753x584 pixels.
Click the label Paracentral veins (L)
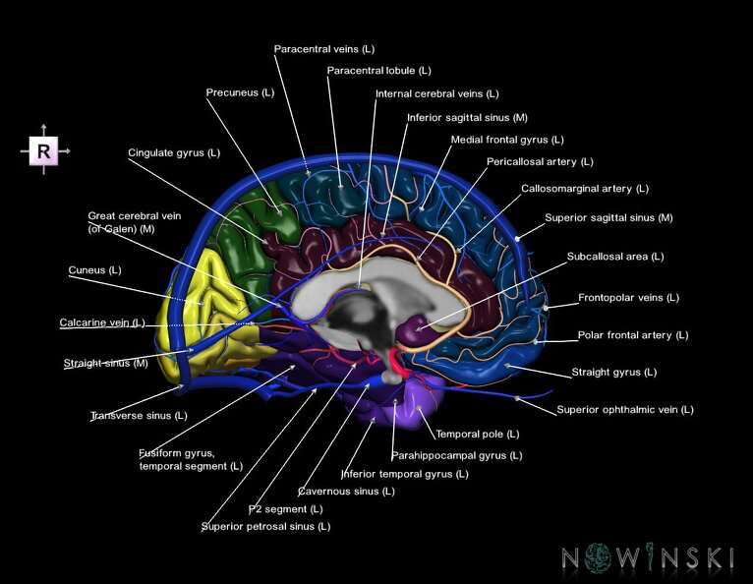pyautogui.click(x=323, y=48)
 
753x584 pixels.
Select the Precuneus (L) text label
pyautogui.click(x=240, y=92)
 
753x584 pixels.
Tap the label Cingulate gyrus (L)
pyautogui.click(x=174, y=153)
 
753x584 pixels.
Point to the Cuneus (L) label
pyautogui.click(x=94, y=269)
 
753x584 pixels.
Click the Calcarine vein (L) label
pyautogui.click(x=102, y=322)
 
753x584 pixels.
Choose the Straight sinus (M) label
pyautogui.click(x=105, y=364)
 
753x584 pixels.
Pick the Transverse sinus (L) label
pyautogui.click(x=138, y=416)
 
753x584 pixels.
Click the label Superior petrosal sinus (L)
pyautogui.click(x=265, y=526)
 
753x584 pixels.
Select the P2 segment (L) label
pyautogui.click(x=285, y=509)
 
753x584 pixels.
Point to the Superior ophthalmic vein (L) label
pyautogui.click(x=624, y=409)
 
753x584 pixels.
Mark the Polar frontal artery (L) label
pyautogui.click(x=632, y=335)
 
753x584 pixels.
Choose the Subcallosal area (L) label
pyautogui.click(x=615, y=257)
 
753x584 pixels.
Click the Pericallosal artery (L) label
pyautogui.click(x=540, y=161)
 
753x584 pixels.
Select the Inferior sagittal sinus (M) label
pyautogui.click(x=467, y=117)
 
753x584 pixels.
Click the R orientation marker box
pyautogui.click(x=44, y=151)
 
